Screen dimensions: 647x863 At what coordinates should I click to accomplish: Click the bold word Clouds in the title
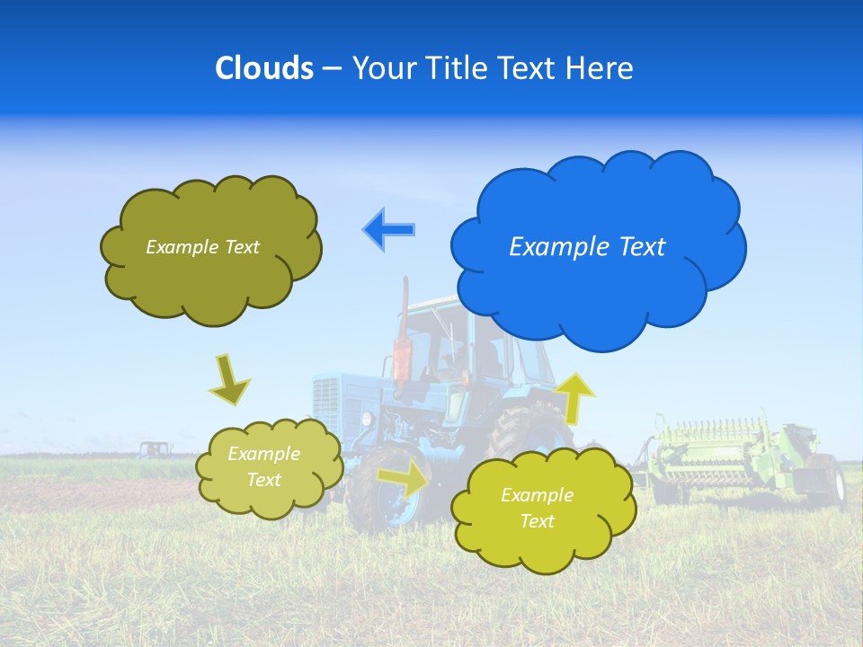pos(263,68)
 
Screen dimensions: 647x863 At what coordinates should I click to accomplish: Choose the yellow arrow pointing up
pos(574,396)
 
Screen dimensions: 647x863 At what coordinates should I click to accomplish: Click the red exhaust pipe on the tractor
pos(402,350)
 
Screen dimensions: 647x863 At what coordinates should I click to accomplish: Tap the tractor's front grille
pos(334,404)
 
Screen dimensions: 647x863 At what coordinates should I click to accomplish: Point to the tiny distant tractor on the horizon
pos(155,448)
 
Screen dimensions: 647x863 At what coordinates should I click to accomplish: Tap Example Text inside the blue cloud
pos(587,247)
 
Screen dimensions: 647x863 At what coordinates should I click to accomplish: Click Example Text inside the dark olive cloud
pos(202,247)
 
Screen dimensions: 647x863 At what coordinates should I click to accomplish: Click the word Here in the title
pos(601,68)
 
